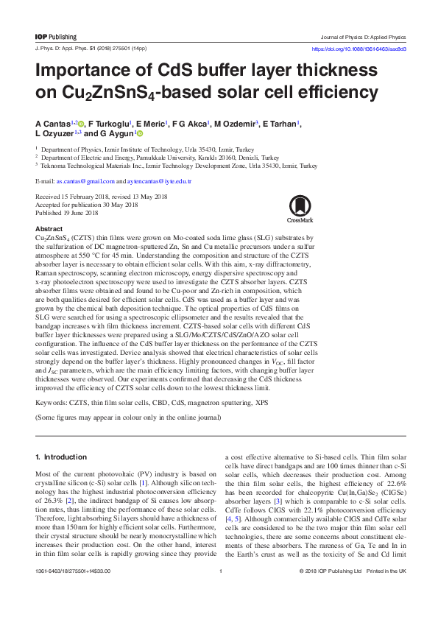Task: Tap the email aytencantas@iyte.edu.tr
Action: (160, 180)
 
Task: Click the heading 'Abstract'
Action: (49, 230)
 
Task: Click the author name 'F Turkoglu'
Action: (110, 124)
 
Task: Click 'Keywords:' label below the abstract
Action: (53, 404)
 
